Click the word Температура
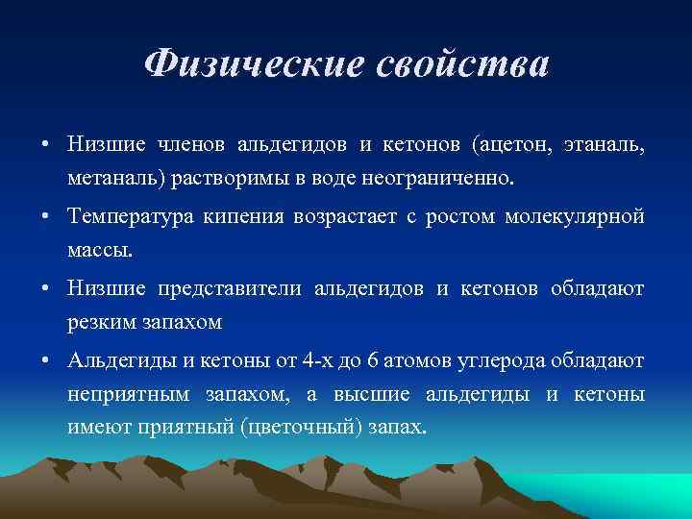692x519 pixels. [x=131, y=216]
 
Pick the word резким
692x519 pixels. [x=100, y=323]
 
